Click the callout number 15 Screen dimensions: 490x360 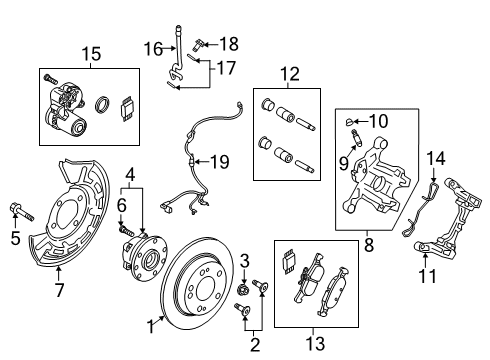[91, 54]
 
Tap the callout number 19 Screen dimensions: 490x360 [220, 162]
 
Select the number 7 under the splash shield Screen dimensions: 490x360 [59, 289]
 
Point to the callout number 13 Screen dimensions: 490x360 [315, 343]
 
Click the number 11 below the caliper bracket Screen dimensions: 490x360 [427, 276]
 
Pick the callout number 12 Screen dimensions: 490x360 [290, 74]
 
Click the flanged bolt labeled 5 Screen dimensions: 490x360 [22, 212]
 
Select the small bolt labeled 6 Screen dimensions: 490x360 [126, 229]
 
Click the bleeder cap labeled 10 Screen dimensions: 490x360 [349, 122]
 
